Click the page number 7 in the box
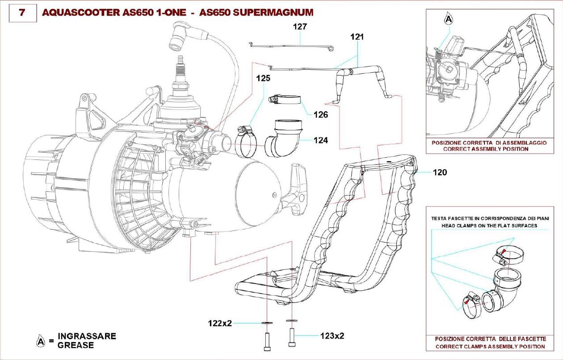pyautogui.click(x=21, y=13)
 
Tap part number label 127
pyautogui.click(x=300, y=27)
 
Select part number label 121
pyautogui.click(x=357, y=38)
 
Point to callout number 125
pyautogui.click(x=263, y=78)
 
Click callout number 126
pyautogui.click(x=320, y=115)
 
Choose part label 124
pyautogui.click(x=320, y=140)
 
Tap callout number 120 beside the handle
pyautogui.click(x=440, y=172)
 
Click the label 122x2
pyautogui.click(x=220, y=323)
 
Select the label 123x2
pyautogui.click(x=332, y=335)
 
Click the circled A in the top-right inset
pyautogui.click(x=449, y=20)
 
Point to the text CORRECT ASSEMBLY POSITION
pyautogui.click(x=485, y=149)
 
